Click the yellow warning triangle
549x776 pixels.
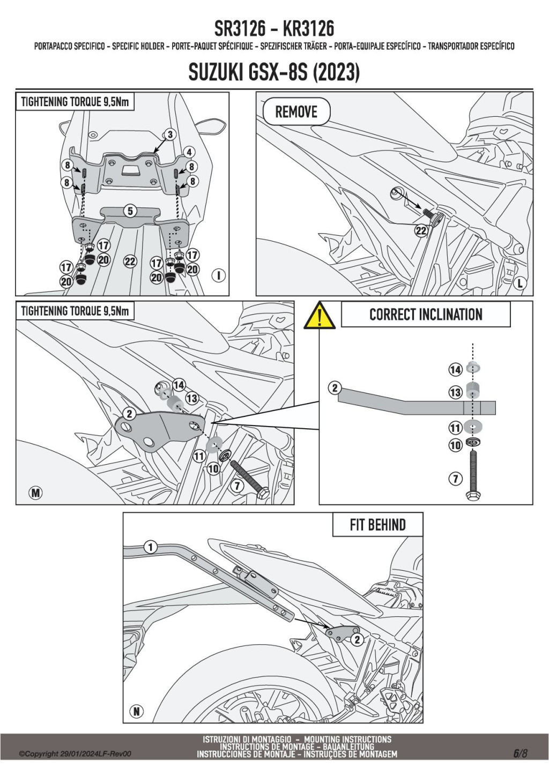320,316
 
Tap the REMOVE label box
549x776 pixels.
296,112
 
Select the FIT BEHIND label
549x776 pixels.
377,525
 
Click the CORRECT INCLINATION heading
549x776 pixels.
426,315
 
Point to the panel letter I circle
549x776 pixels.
218,275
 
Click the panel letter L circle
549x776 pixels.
519,283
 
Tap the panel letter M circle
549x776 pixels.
35,493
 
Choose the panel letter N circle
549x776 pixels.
137,711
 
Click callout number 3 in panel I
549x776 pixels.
170,135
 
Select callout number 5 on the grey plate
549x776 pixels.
130,211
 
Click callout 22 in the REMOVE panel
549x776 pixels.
421,230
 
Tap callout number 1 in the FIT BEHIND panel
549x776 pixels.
151,547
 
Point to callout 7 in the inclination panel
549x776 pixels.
455,479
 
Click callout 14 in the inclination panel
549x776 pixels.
455,369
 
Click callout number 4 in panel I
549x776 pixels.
189,152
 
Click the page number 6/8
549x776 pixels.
521,753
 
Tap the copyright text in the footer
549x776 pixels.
75,754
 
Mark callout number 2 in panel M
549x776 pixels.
129,414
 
